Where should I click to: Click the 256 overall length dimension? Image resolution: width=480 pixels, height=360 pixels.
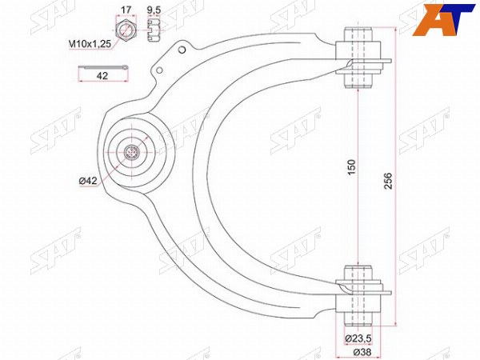click(x=388, y=181)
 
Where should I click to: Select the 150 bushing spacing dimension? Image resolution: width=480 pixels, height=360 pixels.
click(x=353, y=167)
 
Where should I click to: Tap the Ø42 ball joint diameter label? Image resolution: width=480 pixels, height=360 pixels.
click(x=88, y=181)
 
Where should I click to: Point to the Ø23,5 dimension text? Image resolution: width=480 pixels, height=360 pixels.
click(x=358, y=338)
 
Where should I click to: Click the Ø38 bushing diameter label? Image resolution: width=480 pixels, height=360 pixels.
click(x=362, y=352)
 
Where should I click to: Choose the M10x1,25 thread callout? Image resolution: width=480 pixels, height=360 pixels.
click(x=90, y=44)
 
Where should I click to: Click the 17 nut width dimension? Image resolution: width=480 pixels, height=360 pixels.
click(x=126, y=10)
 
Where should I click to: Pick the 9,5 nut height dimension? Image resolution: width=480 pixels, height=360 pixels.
click(x=154, y=10)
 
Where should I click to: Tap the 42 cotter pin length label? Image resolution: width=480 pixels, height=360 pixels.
click(x=102, y=76)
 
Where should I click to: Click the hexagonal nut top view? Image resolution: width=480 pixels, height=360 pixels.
click(x=126, y=30)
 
